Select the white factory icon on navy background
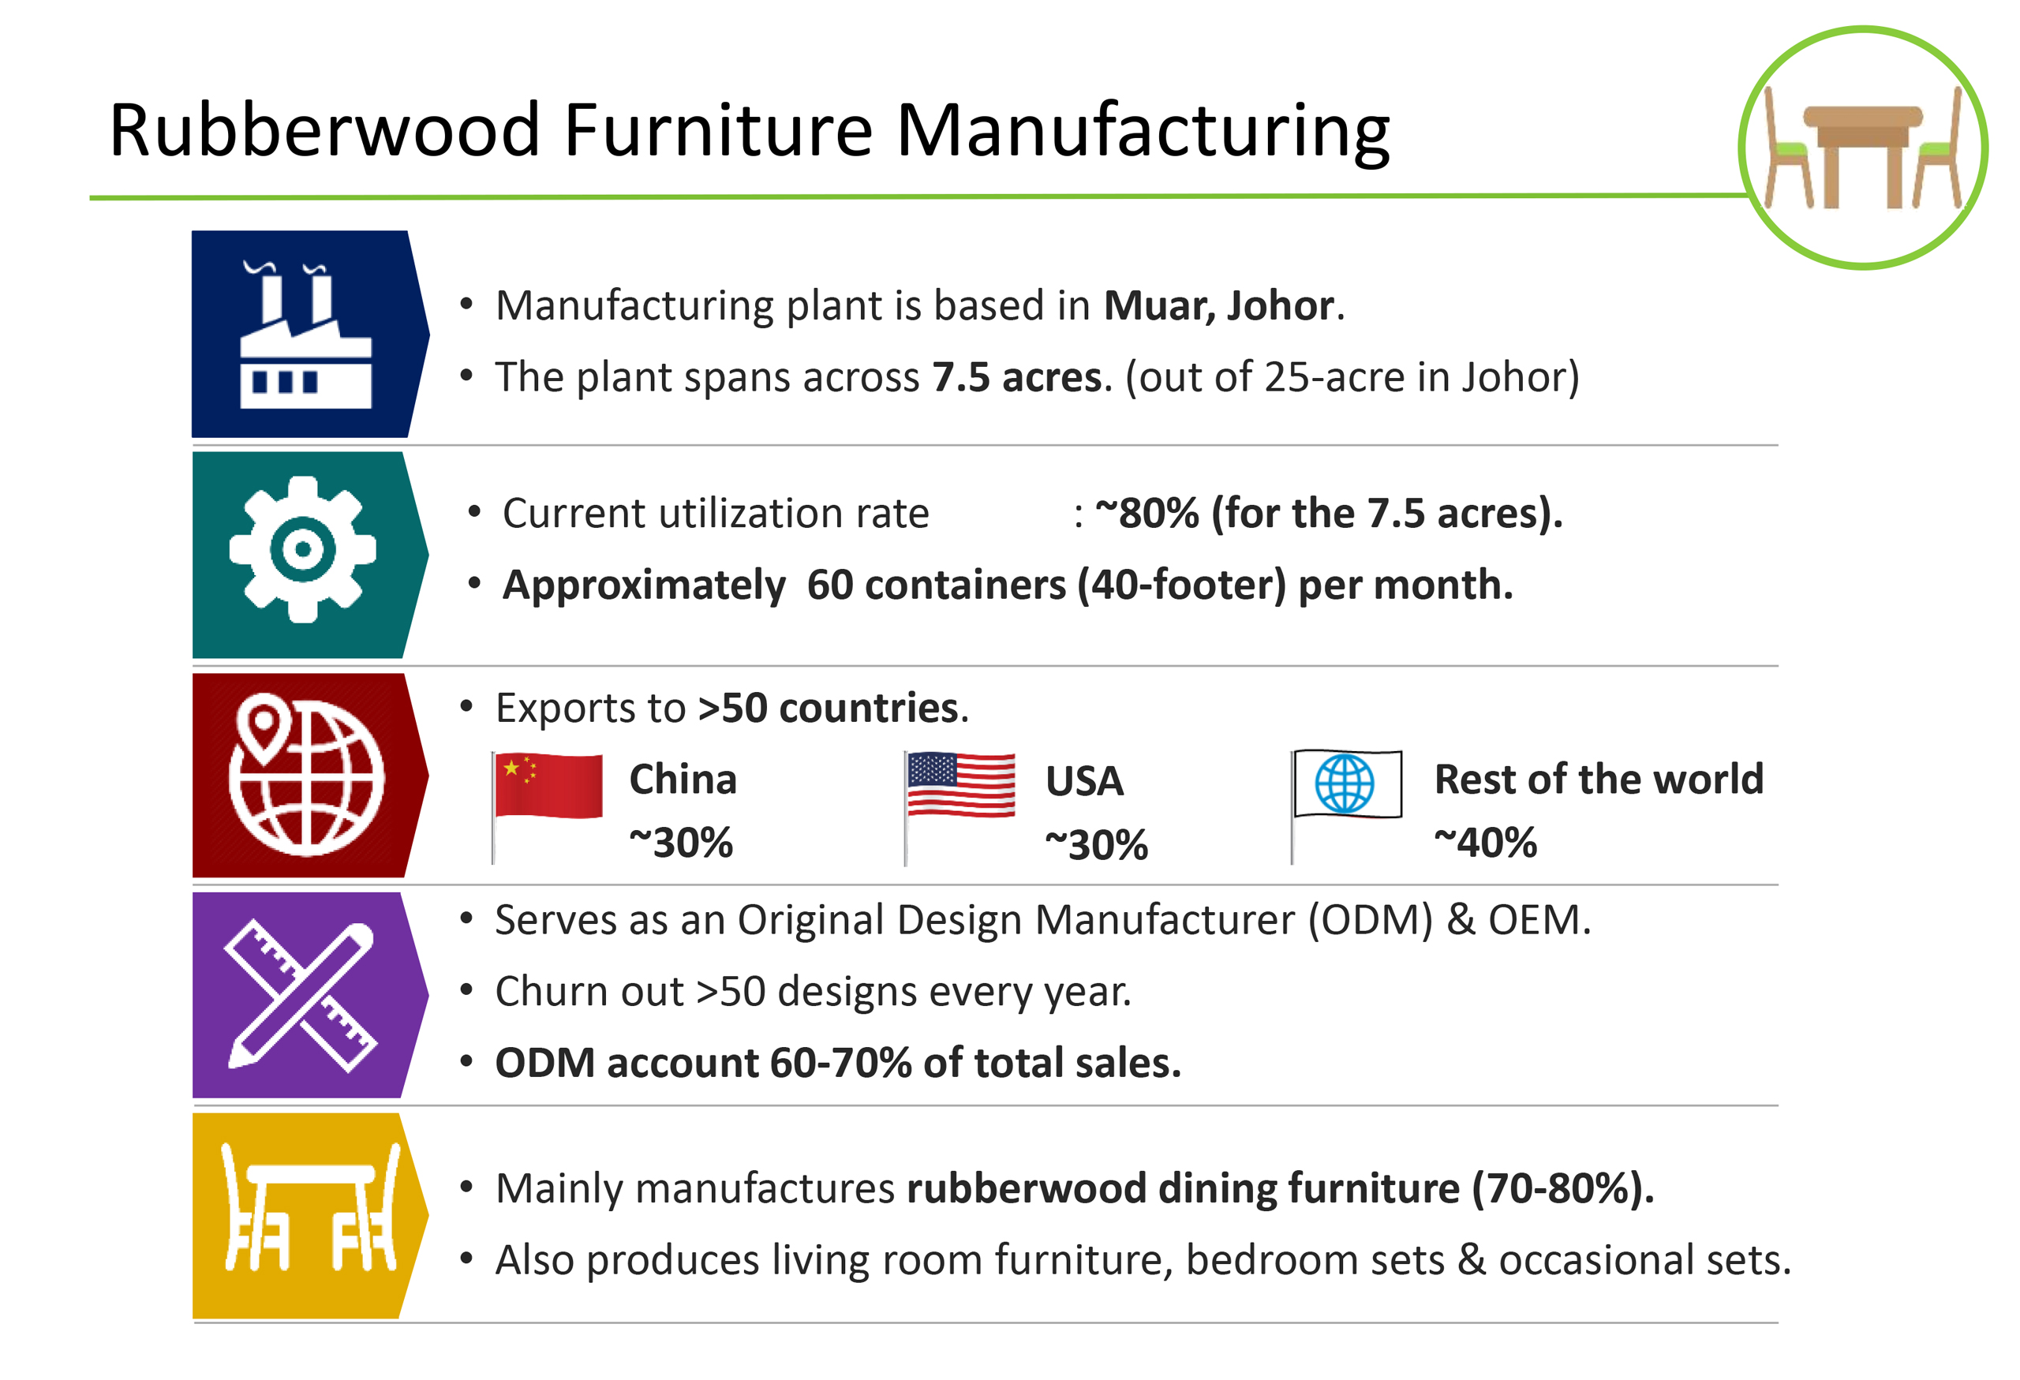point(305,335)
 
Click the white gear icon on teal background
point(302,549)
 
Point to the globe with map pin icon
point(306,774)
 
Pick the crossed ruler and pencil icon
point(301,996)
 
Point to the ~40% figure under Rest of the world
point(1486,843)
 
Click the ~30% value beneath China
point(682,843)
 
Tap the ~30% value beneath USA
point(1096,845)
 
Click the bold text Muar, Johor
point(1218,306)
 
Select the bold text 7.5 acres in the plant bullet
point(1017,377)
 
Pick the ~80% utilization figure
point(1147,514)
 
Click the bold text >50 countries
point(830,709)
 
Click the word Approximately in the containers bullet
point(644,585)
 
